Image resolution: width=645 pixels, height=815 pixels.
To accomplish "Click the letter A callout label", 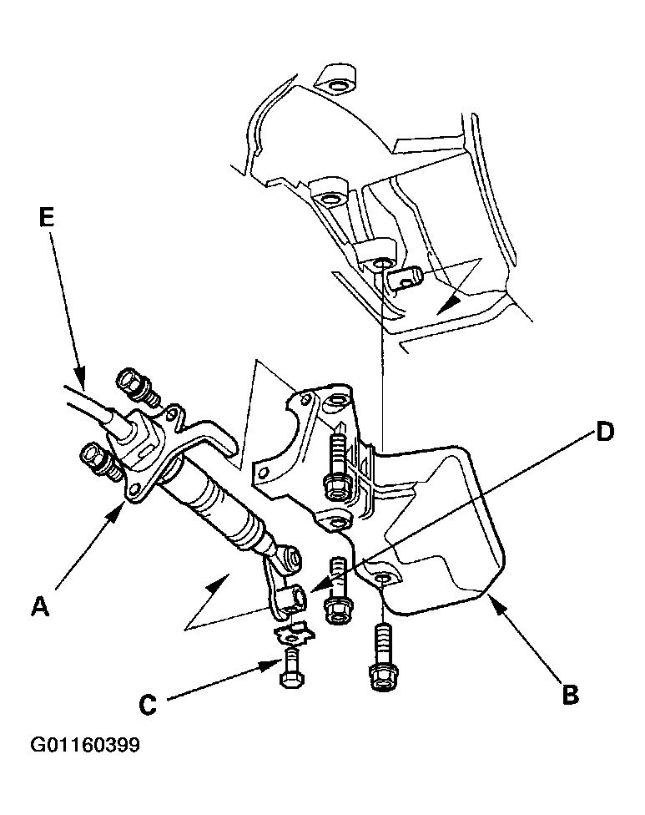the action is pyautogui.click(x=39, y=606).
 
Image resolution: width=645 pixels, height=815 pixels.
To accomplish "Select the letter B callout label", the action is pyautogui.click(x=570, y=695).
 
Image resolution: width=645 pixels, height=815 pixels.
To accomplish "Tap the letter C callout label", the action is pyautogui.click(x=148, y=705).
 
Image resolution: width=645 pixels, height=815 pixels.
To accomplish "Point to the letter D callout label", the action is pyautogui.click(x=605, y=432).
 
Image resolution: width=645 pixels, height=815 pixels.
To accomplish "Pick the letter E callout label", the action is pyautogui.click(x=46, y=218).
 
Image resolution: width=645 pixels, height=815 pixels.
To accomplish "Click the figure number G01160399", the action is pyautogui.click(x=85, y=745).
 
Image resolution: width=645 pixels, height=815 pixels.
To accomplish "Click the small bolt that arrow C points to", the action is pyautogui.click(x=292, y=670).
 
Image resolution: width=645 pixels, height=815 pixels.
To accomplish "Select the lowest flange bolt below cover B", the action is pyautogui.click(x=383, y=657).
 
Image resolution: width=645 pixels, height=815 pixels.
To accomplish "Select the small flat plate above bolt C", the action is pyautogui.click(x=294, y=634).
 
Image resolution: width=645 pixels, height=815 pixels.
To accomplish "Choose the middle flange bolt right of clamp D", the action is pyautogui.click(x=339, y=590).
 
